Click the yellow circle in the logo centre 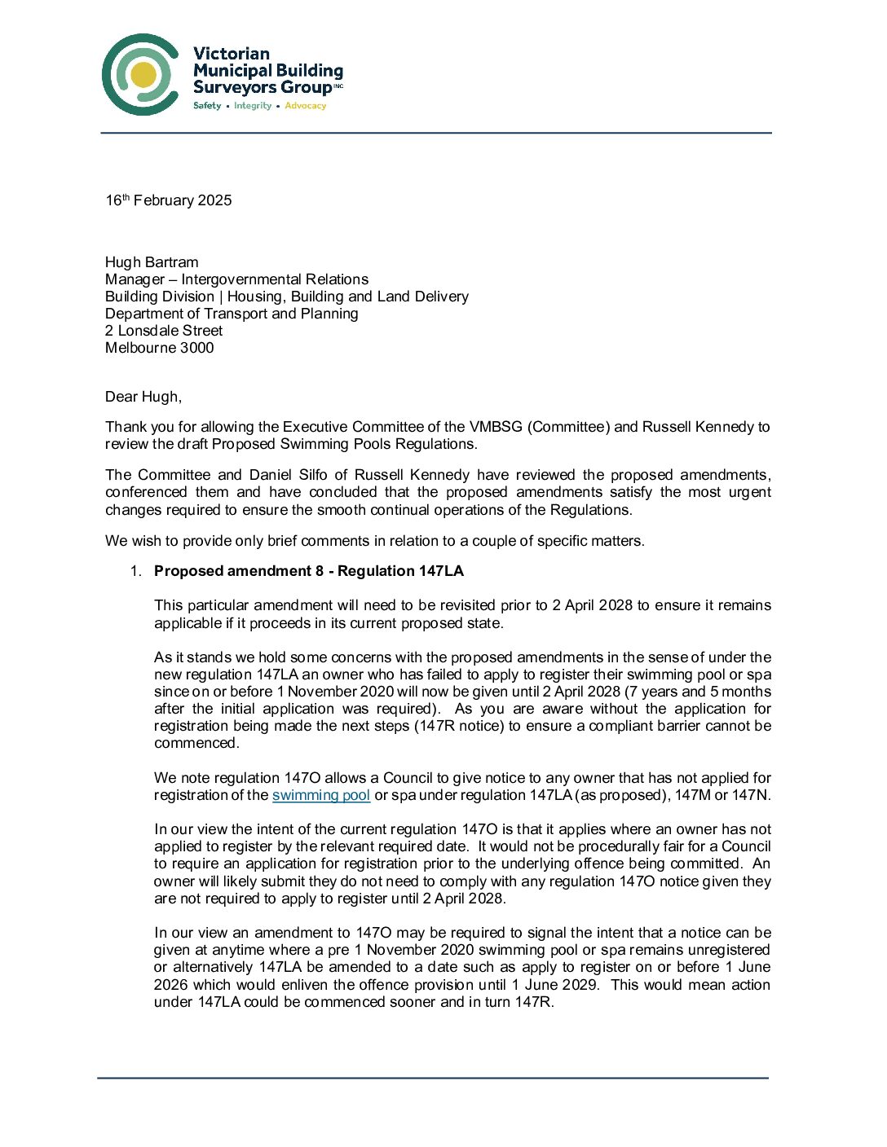tap(143, 75)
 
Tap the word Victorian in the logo tap(232, 54)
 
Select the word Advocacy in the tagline tap(305, 106)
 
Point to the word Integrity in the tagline tap(253, 106)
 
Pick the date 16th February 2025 tap(169, 200)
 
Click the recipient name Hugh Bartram tap(152, 262)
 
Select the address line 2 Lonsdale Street tap(164, 331)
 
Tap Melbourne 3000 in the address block tap(160, 348)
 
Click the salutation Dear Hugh tap(143, 397)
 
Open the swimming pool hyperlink tap(321, 795)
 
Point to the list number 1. tap(135, 571)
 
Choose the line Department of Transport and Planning tap(232, 314)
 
